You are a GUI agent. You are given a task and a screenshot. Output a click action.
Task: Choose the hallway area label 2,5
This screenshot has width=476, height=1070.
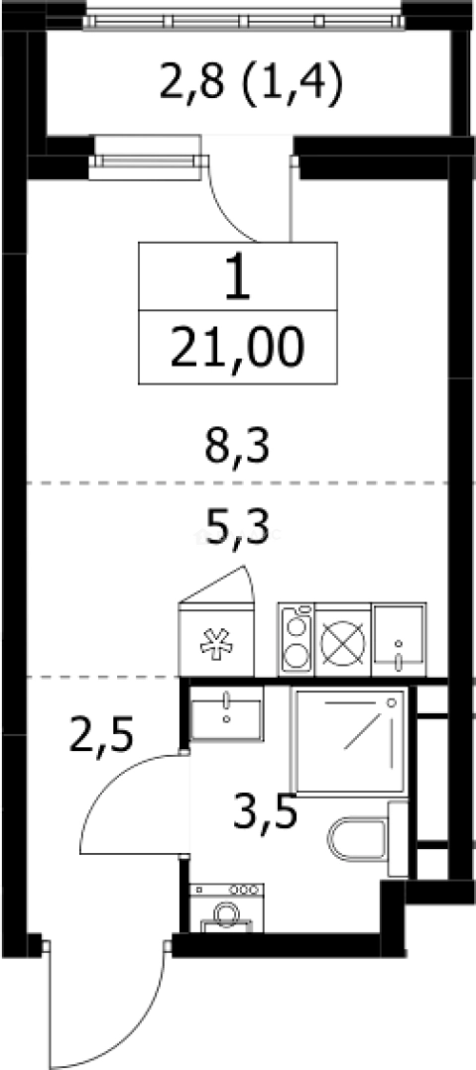pos(103,737)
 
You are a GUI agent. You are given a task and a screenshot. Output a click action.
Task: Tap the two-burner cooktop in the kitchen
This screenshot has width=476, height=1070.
pos(297,639)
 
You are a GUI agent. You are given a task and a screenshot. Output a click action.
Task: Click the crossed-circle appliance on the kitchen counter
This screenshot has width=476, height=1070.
pos(343,640)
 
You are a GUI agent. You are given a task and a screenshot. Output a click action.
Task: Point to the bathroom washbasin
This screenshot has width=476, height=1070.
pos(227,713)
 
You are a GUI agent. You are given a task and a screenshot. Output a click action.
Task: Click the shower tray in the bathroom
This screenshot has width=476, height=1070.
pos(348,740)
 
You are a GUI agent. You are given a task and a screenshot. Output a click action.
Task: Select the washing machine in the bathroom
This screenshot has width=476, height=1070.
pos(227,908)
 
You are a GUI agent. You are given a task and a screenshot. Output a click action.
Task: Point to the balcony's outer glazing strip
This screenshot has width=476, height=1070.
pos(244,15)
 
